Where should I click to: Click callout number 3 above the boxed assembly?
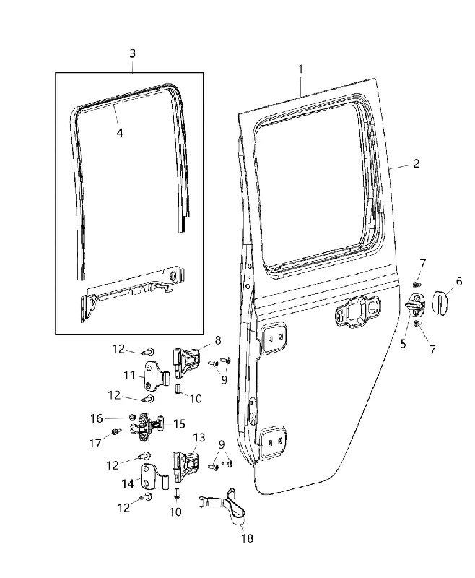[x=133, y=53]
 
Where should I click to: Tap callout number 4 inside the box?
[x=120, y=132]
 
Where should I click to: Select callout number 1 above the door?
[x=300, y=69]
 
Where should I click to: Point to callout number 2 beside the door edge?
[x=416, y=163]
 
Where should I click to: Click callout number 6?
[x=459, y=282]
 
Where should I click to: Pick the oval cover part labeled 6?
[x=440, y=303]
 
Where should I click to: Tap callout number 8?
[x=218, y=340]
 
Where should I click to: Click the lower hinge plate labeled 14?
[x=154, y=480]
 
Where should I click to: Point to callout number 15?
[x=179, y=424]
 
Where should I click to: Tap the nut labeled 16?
[x=131, y=418]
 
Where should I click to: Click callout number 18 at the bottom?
[x=248, y=538]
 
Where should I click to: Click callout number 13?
[x=199, y=438]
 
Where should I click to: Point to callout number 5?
[x=404, y=344]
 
